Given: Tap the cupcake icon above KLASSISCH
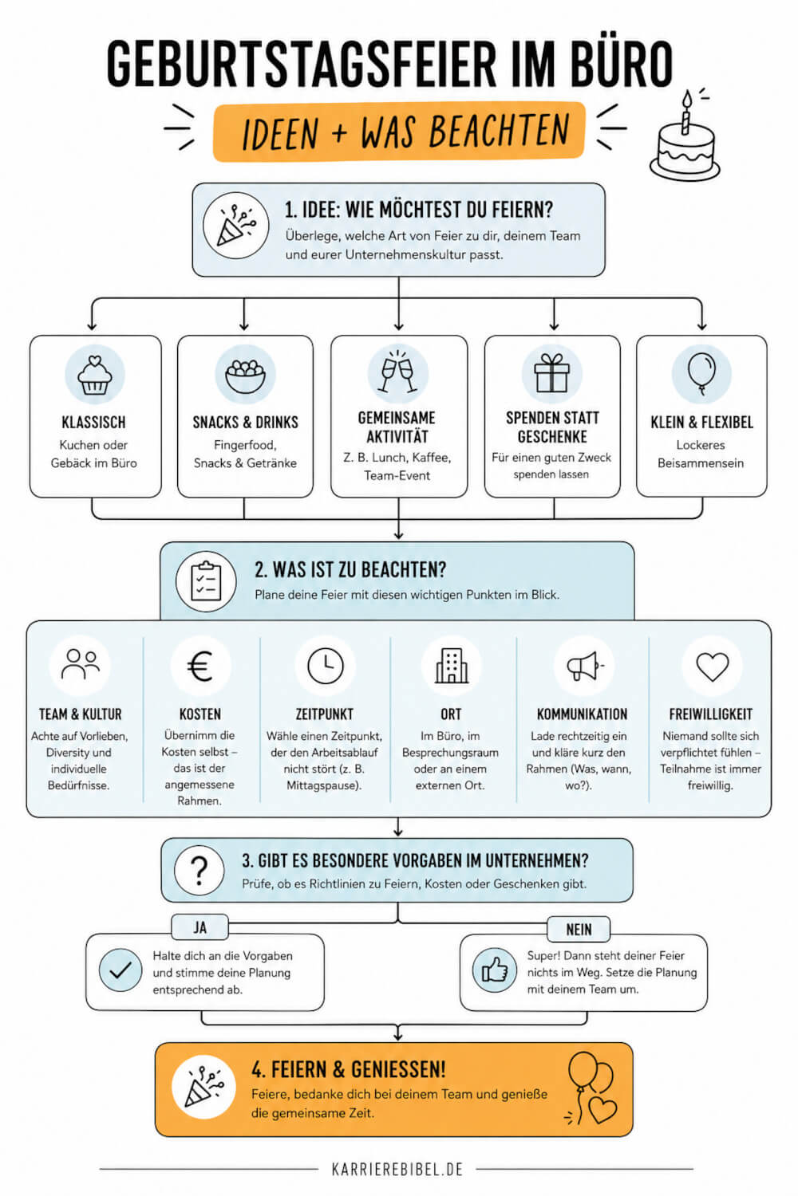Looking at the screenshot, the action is tap(95, 375).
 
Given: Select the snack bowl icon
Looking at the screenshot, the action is tap(245, 376).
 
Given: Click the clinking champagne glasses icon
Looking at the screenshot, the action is tap(397, 372).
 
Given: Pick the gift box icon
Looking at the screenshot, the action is tap(552, 373).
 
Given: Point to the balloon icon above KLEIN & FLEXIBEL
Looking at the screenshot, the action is tap(701, 373).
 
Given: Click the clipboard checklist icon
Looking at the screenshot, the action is tap(207, 581).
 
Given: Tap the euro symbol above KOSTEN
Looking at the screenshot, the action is tap(200, 667).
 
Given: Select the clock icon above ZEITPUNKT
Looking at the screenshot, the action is tap(325, 666).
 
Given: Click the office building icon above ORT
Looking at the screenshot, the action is tap(452, 666).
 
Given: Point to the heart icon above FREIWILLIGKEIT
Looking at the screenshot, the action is tap(713, 667).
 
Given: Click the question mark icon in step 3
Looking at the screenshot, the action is tap(199, 871).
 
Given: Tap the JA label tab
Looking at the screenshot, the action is tap(200, 927).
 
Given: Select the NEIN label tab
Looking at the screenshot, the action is tap(579, 930).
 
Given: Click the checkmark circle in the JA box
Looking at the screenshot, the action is tap(120, 970).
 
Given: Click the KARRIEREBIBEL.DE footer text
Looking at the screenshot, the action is tap(397, 1170).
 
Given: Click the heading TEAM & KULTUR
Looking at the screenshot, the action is tap(80, 714).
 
